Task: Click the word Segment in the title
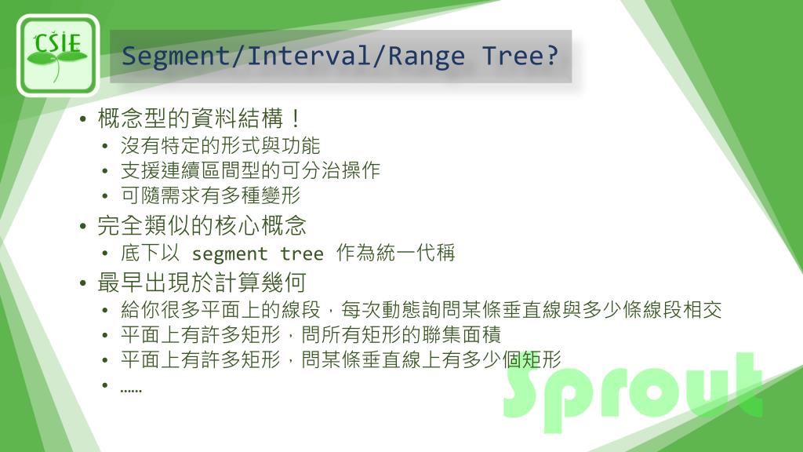pos(161,56)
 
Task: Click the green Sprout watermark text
pos(631,390)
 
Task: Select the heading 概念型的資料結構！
pos(200,120)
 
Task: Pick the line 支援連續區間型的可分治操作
pos(250,171)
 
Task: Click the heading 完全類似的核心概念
pos(202,226)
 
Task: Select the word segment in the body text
pos(230,254)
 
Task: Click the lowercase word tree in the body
pos(302,254)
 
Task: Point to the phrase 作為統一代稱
pos(395,253)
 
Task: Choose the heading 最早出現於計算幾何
pos(202,281)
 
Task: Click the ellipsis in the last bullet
pos(131,388)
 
